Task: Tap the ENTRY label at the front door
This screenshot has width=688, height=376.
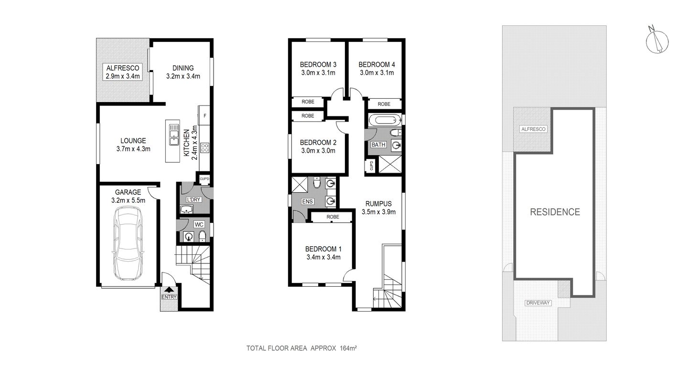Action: pyautogui.click(x=169, y=297)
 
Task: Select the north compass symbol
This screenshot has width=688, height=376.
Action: pyautogui.click(x=657, y=40)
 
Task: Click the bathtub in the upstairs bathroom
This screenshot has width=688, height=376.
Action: pyautogui.click(x=385, y=119)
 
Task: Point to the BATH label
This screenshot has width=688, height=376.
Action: pyautogui.click(x=378, y=145)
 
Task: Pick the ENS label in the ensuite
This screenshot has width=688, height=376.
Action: pyautogui.click(x=307, y=201)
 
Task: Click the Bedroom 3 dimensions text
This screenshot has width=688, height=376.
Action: pyautogui.click(x=318, y=73)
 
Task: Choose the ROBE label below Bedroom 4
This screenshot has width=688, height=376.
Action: pyautogui.click(x=384, y=104)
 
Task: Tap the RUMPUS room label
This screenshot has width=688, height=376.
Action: pyautogui.click(x=379, y=203)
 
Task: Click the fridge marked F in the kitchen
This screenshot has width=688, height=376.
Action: pyautogui.click(x=205, y=115)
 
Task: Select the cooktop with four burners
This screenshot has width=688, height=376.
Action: pyautogui.click(x=205, y=147)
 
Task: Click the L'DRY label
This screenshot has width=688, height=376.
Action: pyautogui.click(x=193, y=199)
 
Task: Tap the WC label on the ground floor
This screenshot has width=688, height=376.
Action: pyautogui.click(x=199, y=224)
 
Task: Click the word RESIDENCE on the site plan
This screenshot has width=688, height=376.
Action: pyautogui.click(x=555, y=212)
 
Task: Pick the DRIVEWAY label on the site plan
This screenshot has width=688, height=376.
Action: pyautogui.click(x=538, y=303)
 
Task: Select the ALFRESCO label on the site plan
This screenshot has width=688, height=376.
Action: pyautogui.click(x=533, y=129)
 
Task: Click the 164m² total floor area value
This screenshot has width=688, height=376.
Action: pyautogui.click(x=348, y=348)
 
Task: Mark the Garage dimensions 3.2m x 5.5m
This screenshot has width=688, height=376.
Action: pyautogui.click(x=128, y=200)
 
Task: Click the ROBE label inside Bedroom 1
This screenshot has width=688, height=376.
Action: pyautogui.click(x=333, y=217)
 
